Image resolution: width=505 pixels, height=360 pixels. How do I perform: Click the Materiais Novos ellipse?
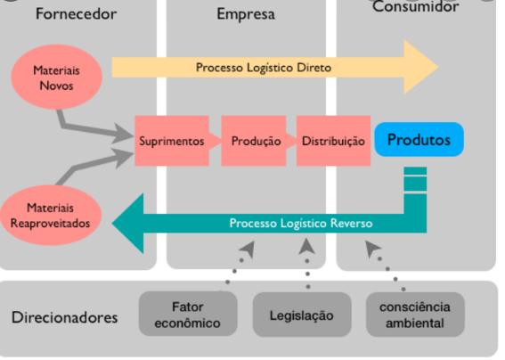coord(53,77)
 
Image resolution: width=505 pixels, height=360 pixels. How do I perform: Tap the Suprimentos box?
coord(171,141)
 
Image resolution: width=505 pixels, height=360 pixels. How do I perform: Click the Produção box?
coord(256,141)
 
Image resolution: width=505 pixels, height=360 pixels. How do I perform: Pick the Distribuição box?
coord(332,141)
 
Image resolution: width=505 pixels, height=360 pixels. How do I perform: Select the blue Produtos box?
coord(419,140)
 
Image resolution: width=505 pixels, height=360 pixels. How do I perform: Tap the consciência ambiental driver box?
coord(414,315)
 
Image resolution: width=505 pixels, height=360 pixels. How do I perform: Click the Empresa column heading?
coord(246,14)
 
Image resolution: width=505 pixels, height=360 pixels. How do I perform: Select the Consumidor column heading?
coord(416,8)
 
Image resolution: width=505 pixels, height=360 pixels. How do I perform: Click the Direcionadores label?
coord(65,317)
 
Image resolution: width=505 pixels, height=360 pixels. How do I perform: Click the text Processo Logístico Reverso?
coord(300,223)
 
